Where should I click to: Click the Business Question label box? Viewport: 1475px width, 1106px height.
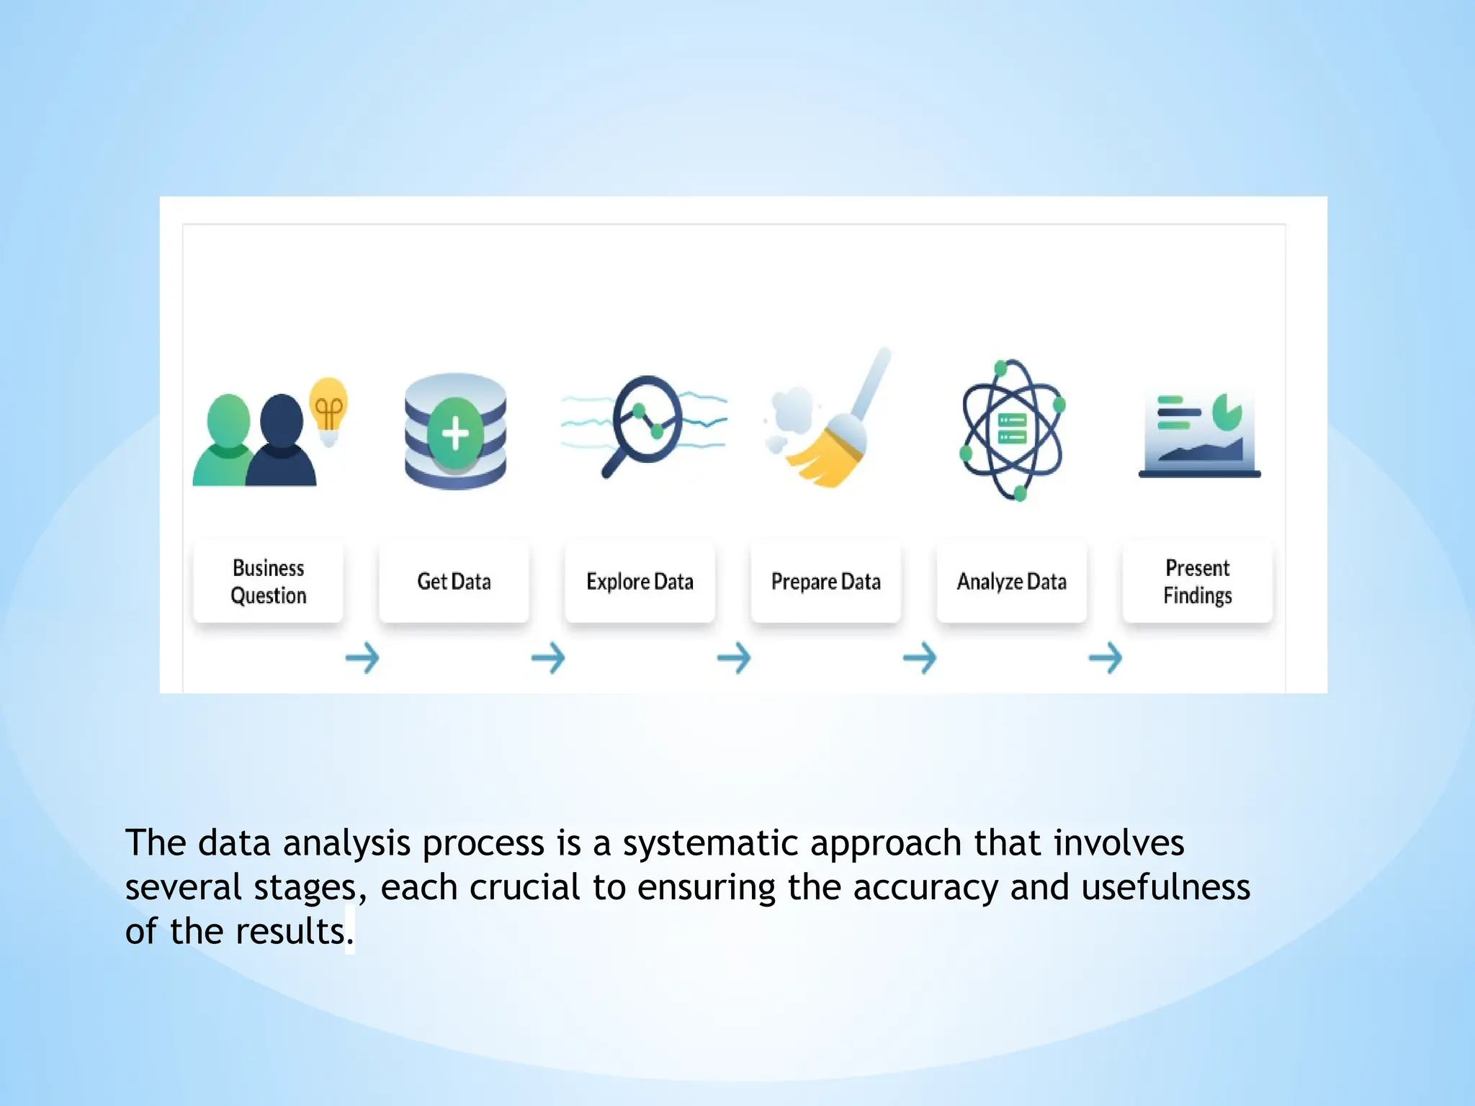coord(268,582)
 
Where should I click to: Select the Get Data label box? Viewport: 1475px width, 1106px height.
coord(454,582)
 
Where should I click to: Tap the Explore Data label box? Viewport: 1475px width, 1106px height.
coord(640,582)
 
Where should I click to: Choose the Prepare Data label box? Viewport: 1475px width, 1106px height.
coord(825,582)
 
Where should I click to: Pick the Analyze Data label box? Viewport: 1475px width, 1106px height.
coord(1011,582)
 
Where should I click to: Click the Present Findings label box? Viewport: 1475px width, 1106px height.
coord(1197,582)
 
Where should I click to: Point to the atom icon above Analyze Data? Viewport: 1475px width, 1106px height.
coord(1012,430)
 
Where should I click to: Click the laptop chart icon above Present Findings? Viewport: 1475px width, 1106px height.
coord(1199,436)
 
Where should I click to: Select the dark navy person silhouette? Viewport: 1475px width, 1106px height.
coord(282,443)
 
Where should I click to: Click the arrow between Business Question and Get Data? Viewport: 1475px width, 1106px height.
coord(362,657)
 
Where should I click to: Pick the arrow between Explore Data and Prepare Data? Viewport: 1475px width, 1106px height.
coord(733,657)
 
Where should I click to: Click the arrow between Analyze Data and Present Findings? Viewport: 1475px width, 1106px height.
coord(1105,657)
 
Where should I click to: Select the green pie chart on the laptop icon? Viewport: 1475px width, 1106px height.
coord(1226,411)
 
